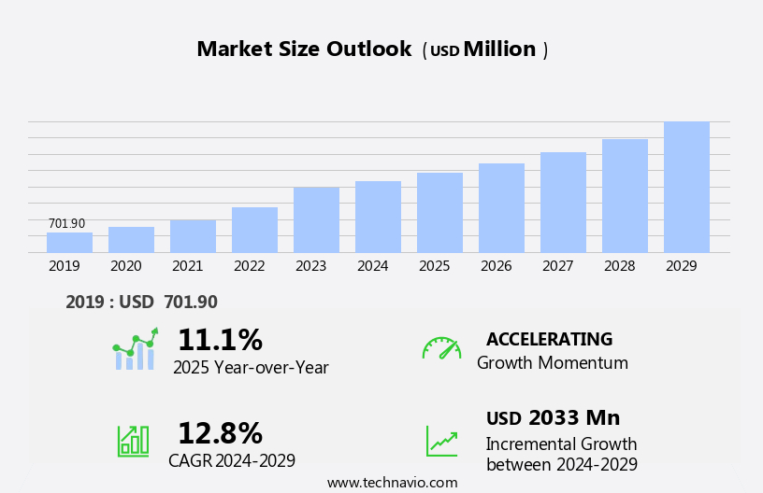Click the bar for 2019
coord(69,243)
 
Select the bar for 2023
coord(316,220)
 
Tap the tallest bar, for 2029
coord(686,187)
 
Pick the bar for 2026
coord(501,208)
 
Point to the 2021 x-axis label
coord(187,266)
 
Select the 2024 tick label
coord(372,266)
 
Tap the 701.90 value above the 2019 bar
coord(66,224)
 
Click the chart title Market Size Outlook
coord(304,49)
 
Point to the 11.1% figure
coord(220,340)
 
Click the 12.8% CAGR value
coord(220,433)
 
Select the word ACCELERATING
coord(549,339)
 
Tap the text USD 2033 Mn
coord(553,418)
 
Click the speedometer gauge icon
coord(441,348)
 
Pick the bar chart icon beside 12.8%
coord(133,440)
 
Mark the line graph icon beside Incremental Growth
coord(441,440)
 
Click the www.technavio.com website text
coord(392,483)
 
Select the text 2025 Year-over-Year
coord(251,368)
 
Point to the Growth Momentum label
coord(552,363)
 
